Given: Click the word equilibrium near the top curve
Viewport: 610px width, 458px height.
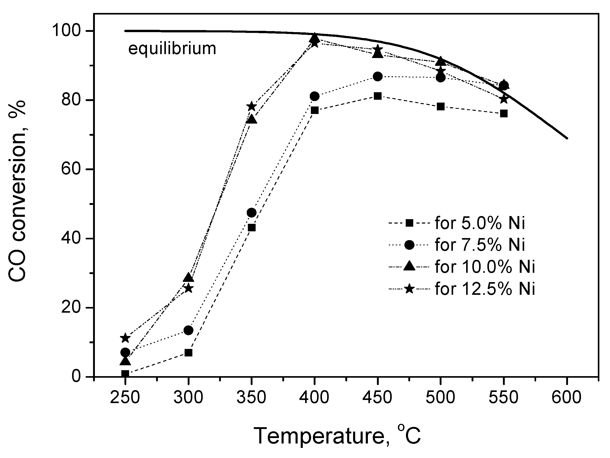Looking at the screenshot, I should [x=172, y=49].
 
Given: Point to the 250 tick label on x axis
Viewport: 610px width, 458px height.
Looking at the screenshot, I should [x=125, y=398].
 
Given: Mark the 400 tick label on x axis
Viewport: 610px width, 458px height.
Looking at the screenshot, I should [x=314, y=398].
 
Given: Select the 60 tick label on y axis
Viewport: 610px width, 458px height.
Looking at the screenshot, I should [x=74, y=169].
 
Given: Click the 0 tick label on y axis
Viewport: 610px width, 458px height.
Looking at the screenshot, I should [x=80, y=376].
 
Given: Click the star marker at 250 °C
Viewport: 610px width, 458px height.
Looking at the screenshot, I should [x=125, y=338].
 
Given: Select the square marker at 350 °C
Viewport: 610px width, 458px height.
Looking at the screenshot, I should [x=251, y=228].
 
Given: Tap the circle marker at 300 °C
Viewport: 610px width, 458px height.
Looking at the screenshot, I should [x=188, y=330].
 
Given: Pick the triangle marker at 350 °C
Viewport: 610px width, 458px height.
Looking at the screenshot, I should [x=251, y=119].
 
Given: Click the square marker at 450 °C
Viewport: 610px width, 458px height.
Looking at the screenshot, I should [x=377, y=96].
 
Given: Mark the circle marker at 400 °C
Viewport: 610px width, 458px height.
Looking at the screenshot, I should [x=314, y=96].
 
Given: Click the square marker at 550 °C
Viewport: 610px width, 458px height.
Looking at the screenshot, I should [x=504, y=113].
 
